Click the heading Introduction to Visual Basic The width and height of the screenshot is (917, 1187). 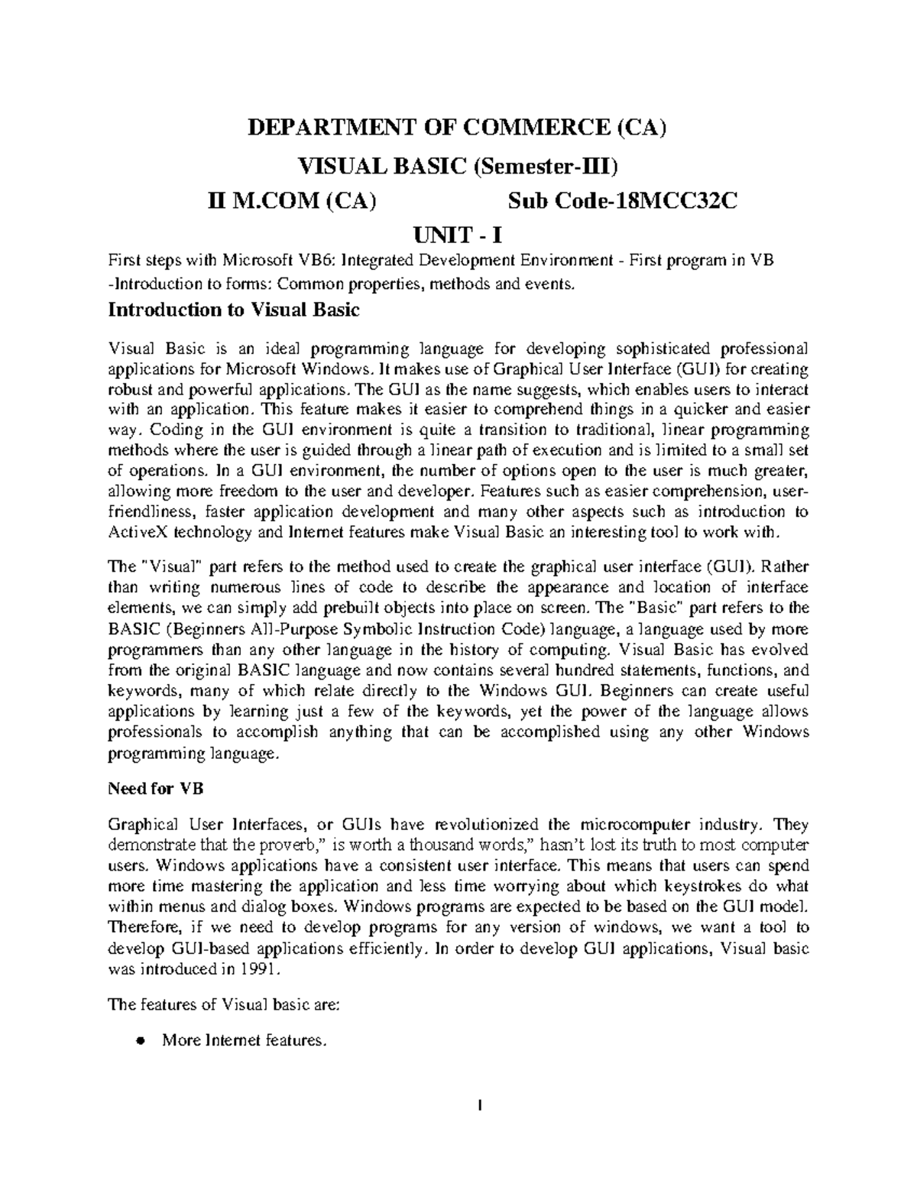(234, 310)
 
